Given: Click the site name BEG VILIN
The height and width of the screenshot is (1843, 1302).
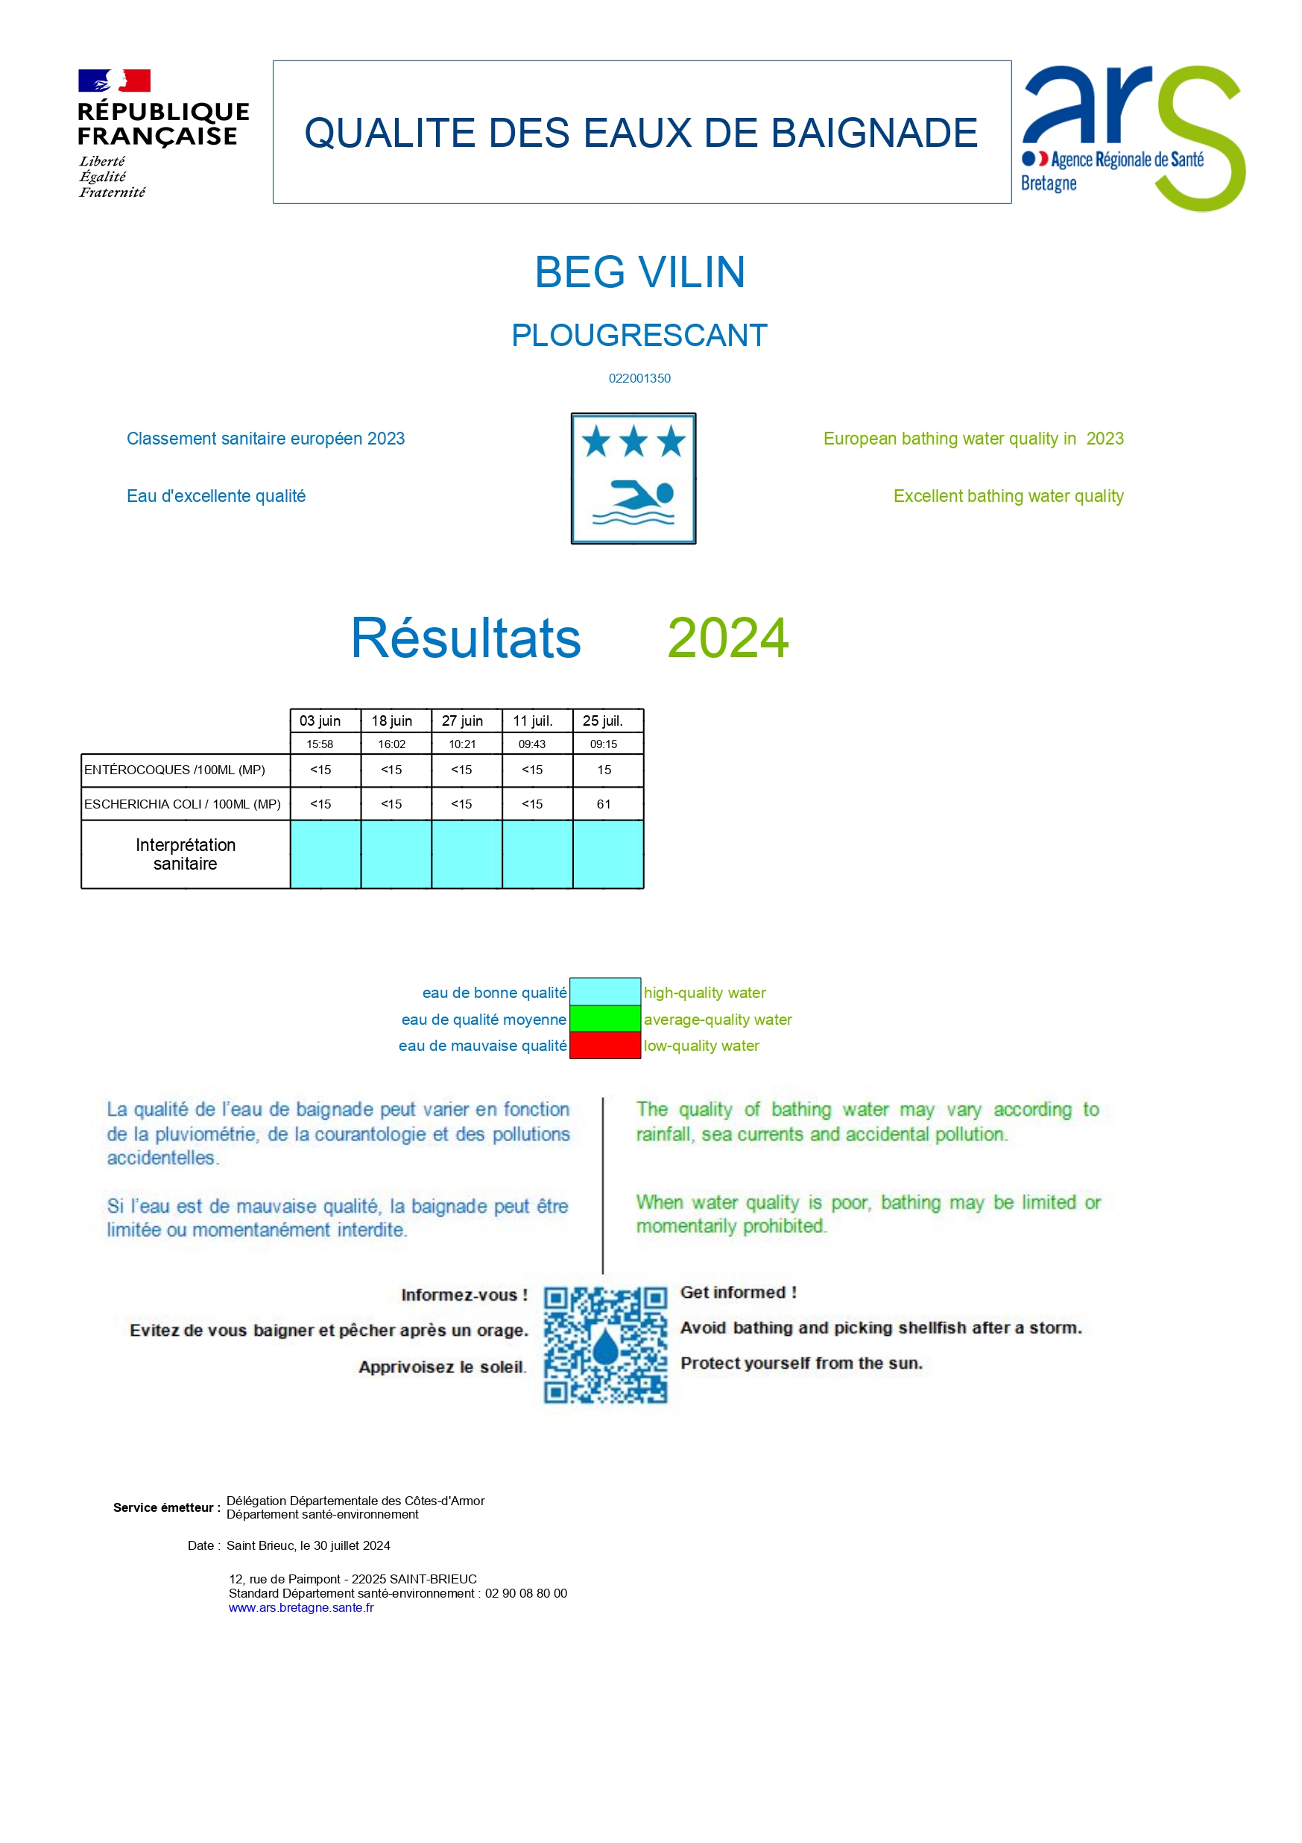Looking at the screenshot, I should click(639, 272).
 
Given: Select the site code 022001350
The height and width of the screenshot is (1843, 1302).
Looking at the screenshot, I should click(639, 378).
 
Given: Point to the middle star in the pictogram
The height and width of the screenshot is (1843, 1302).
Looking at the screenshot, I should click(633, 442).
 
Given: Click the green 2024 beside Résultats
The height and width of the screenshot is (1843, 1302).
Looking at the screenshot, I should click(727, 638).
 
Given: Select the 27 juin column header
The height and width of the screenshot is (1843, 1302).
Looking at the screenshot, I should click(462, 720).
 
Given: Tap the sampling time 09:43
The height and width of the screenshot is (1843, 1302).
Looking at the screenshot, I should click(532, 744).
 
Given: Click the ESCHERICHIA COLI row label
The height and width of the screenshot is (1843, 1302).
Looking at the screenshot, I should click(183, 803).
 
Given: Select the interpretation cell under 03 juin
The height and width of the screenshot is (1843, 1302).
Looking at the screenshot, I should click(325, 854).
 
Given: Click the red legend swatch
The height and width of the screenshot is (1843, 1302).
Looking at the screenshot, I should click(605, 1045).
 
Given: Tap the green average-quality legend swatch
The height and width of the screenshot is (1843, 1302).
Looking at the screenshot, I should click(605, 1019).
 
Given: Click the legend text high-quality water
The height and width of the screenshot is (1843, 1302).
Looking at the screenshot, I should click(704, 993).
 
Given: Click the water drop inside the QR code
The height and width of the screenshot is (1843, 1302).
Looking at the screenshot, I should click(607, 1346).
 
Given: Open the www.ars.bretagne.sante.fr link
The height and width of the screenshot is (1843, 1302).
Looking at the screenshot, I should click(301, 1608).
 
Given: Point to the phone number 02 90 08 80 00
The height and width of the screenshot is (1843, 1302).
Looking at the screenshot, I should click(525, 1593).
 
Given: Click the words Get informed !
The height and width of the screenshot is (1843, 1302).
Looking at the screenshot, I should click(738, 1293).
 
